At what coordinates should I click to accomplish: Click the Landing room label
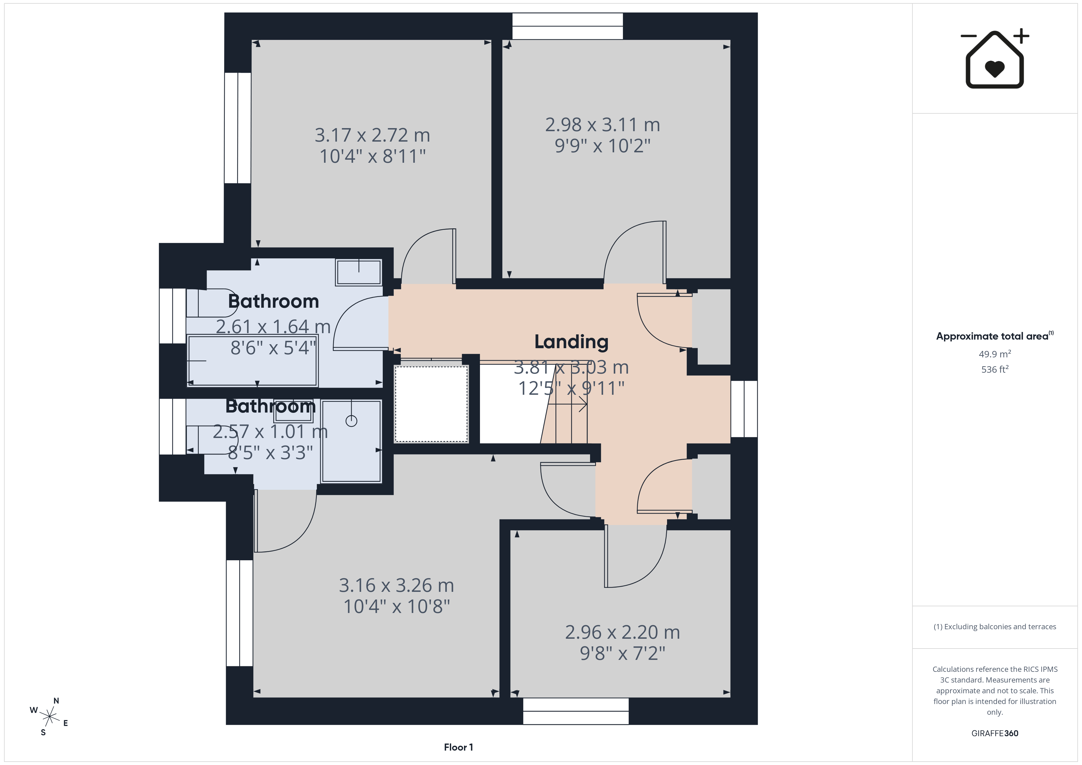571,342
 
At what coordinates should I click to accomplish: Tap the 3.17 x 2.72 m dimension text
372,135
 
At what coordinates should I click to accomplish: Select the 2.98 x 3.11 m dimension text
602,125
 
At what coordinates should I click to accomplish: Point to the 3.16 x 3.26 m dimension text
396,585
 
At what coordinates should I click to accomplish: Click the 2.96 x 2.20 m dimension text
623,632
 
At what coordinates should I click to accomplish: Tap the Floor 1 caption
458,747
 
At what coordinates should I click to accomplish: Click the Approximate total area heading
994,336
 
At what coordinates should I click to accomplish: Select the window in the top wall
567,26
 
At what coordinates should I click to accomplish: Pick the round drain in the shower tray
351,421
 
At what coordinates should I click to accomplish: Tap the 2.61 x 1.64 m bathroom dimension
273,326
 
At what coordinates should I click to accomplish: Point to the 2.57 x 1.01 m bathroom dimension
270,432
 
